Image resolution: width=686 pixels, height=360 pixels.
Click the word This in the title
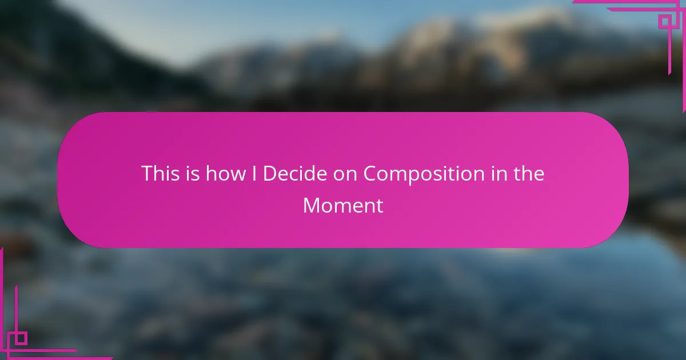pos(161,173)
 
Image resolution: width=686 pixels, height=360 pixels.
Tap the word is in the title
pos(193,173)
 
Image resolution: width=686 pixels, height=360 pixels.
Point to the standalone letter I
pos(254,174)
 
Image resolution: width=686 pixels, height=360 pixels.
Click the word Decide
pos(295,173)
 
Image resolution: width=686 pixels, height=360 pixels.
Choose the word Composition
pos(424,175)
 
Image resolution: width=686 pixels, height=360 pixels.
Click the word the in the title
pos(529,173)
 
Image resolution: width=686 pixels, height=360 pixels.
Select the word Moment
pos(343,205)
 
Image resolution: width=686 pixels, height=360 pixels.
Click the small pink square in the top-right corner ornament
pos(665,22)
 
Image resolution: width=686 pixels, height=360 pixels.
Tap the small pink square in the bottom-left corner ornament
pos(21,338)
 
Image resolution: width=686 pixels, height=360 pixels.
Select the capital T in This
pos(147,174)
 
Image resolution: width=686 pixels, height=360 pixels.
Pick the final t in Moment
pos(380,206)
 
